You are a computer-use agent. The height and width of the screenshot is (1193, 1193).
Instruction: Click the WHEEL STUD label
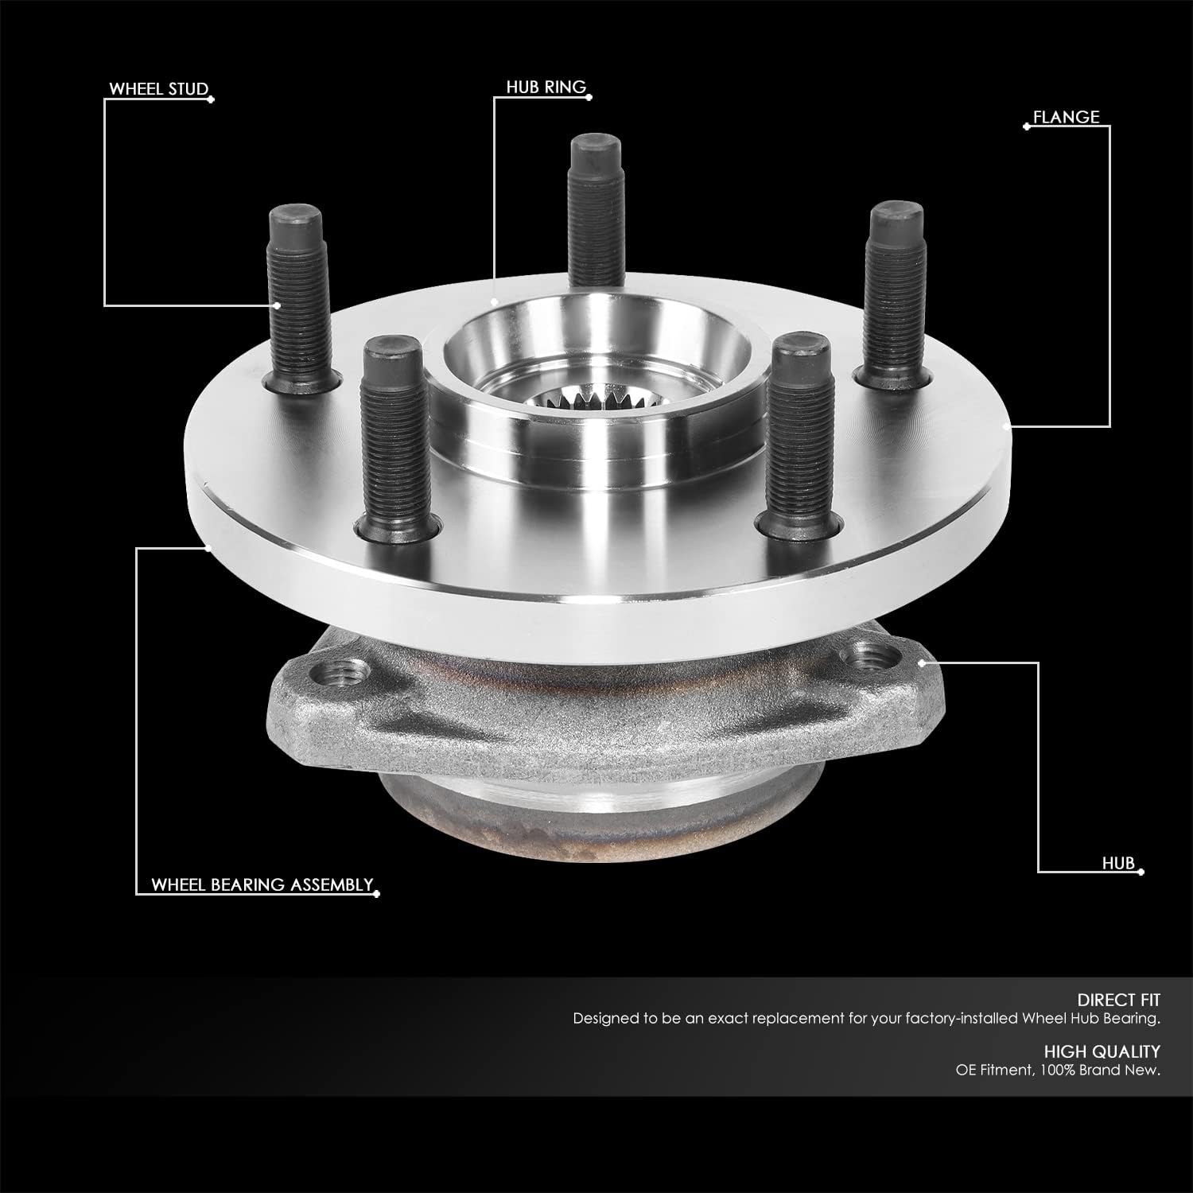(x=157, y=88)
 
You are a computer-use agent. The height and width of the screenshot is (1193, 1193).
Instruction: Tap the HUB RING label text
(x=546, y=87)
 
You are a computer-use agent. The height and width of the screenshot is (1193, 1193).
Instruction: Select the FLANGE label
(x=1066, y=117)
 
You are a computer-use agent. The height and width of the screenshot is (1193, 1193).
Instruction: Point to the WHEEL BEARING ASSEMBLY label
(x=262, y=884)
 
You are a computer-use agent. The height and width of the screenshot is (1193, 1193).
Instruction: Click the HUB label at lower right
(x=1117, y=863)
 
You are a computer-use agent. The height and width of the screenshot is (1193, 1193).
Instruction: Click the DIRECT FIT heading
(x=1118, y=1000)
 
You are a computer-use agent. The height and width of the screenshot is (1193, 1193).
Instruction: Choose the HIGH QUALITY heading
(x=1102, y=1051)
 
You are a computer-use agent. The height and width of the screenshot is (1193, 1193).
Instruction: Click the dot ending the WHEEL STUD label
(x=211, y=99)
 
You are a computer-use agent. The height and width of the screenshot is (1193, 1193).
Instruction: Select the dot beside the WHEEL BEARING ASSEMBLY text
(x=377, y=894)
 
